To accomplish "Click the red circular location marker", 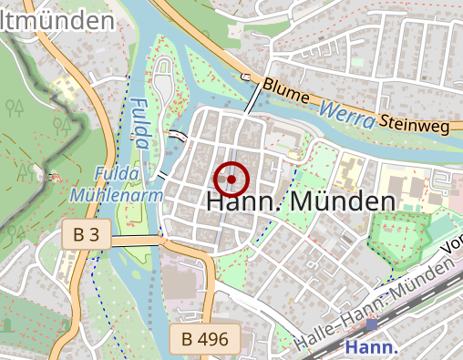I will [231, 180].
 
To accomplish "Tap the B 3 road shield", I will [87, 235].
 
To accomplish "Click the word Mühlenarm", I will [116, 195].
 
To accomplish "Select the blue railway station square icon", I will [372, 324].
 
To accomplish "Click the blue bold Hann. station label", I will [372, 347].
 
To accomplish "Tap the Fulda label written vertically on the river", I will [139, 123].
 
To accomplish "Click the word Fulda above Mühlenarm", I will [116, 174].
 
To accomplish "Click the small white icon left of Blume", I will [246, 77].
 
